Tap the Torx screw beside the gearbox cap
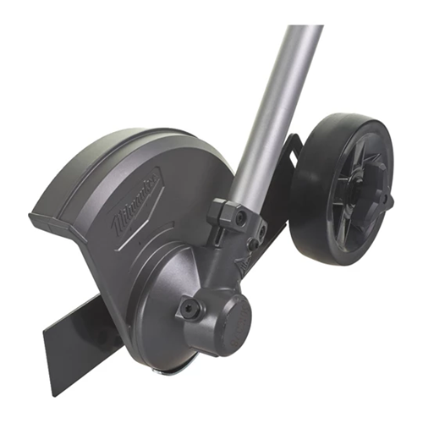pyautogui.click(x=191, y=309)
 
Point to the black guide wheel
pyautogui.click(x=343, y=189)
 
